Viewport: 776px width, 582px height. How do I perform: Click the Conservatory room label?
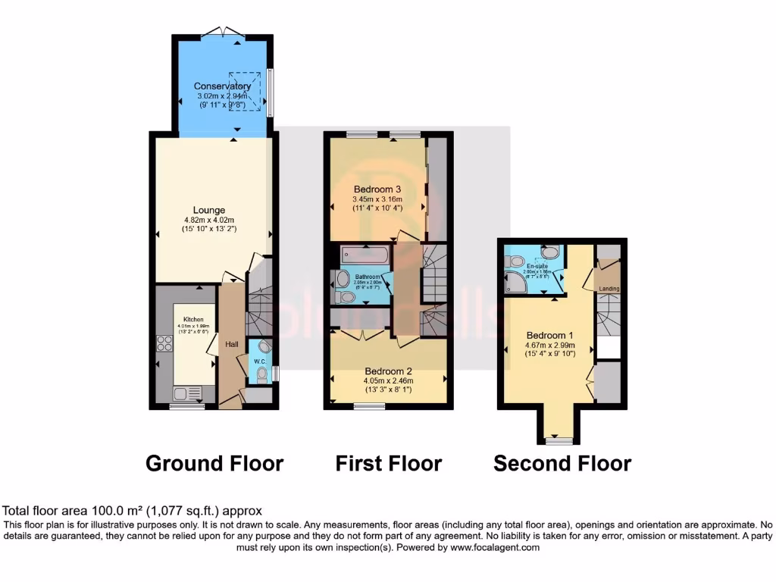(222, 86)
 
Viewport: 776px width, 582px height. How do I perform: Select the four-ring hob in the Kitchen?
(164, 344)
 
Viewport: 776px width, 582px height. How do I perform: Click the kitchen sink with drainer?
(186, 393)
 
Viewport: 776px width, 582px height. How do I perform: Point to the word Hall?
(232, 344)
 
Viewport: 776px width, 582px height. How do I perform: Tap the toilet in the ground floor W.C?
(262, 372)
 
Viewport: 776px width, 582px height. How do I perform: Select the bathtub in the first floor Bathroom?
(365, 255)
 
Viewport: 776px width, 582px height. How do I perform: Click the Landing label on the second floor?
(609, 289)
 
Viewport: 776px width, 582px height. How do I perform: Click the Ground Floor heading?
(214, 462)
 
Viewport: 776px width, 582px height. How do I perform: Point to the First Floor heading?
(389, 462)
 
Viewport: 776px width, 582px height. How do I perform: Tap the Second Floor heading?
(562, 462)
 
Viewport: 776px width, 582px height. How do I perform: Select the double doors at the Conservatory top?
(223, 32)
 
